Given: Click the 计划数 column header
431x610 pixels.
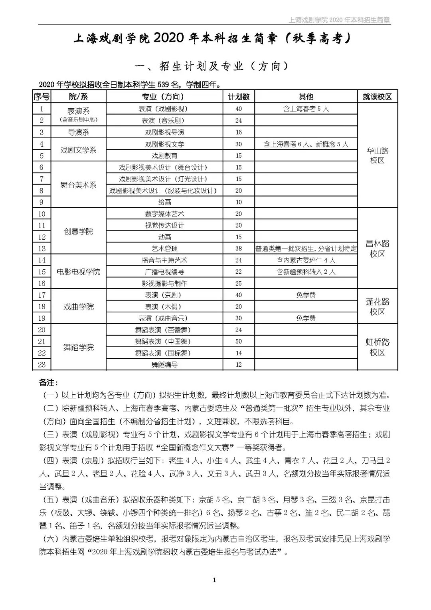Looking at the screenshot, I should (239, 97).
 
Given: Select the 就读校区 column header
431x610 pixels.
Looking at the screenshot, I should (377, 97).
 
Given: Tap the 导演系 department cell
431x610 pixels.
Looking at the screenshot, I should (79, 132).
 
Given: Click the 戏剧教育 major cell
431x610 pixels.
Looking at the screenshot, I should (164, 156).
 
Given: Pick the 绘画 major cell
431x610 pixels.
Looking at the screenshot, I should (164, 202).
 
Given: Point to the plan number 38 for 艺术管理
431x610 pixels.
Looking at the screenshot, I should (239, 248).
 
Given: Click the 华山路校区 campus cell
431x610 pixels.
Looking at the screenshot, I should (377, 155).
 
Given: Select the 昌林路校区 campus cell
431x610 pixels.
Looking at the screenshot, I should (377, 248).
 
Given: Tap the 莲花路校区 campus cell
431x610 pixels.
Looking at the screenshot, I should (377, 306).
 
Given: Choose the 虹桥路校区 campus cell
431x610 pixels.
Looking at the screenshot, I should (377, 347).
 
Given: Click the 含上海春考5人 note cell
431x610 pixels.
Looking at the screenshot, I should (306, 109).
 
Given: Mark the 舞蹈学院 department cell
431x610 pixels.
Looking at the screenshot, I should (79, 347).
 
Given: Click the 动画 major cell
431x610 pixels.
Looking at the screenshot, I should (164, 237).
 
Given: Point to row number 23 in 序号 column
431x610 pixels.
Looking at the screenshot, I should (42, 364).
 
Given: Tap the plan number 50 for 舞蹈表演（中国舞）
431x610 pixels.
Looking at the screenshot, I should (239, 341).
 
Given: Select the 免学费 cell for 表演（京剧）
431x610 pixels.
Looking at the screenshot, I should (306, 295).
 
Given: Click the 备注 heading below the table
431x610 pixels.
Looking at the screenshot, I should (48, 382).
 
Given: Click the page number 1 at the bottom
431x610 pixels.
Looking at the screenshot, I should (215, 580).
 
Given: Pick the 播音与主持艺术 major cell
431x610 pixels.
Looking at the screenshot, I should (164, 260).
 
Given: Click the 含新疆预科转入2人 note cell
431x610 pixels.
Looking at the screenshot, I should (306, 272).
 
